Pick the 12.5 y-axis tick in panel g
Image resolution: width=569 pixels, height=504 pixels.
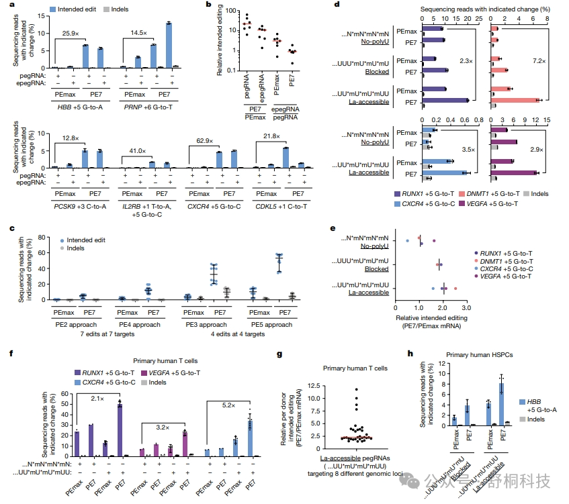click(x=308, y=386)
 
